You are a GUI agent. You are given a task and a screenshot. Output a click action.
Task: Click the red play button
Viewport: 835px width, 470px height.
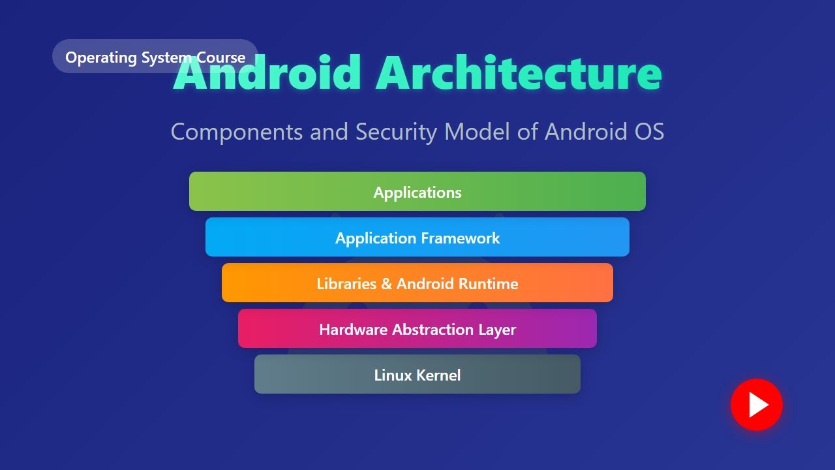point(757,405)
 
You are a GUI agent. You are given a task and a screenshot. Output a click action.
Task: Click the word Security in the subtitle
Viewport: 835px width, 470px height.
point(396,132)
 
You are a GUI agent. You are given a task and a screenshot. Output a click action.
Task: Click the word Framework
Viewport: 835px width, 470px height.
point(461,238)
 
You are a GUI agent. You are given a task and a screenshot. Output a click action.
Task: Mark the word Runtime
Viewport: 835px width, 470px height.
point(488,284)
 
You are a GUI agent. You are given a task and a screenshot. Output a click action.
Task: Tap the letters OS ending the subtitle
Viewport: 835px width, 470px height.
point(649,132)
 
